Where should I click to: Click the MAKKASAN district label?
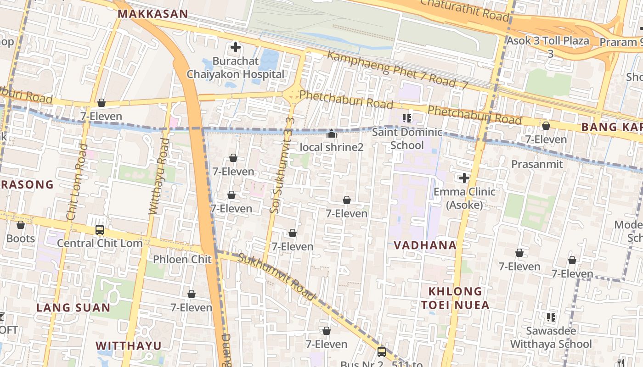point(153,14)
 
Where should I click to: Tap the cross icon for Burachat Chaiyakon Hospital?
point(236,47)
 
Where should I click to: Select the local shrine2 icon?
point(331,134)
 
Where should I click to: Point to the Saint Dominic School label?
point(407,139)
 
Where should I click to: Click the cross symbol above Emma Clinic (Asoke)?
point(464,178)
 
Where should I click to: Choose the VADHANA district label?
point(425,245)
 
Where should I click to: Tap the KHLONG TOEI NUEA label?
point(455,298)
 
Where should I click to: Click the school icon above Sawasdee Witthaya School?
point(551,317)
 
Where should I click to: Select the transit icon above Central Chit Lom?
point(100,230)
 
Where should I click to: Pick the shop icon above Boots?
point(21,225)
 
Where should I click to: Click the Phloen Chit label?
point(182,259)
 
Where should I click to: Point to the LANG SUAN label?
point(73,307)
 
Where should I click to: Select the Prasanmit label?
point(537,164)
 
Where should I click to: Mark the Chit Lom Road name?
point(76,182)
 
